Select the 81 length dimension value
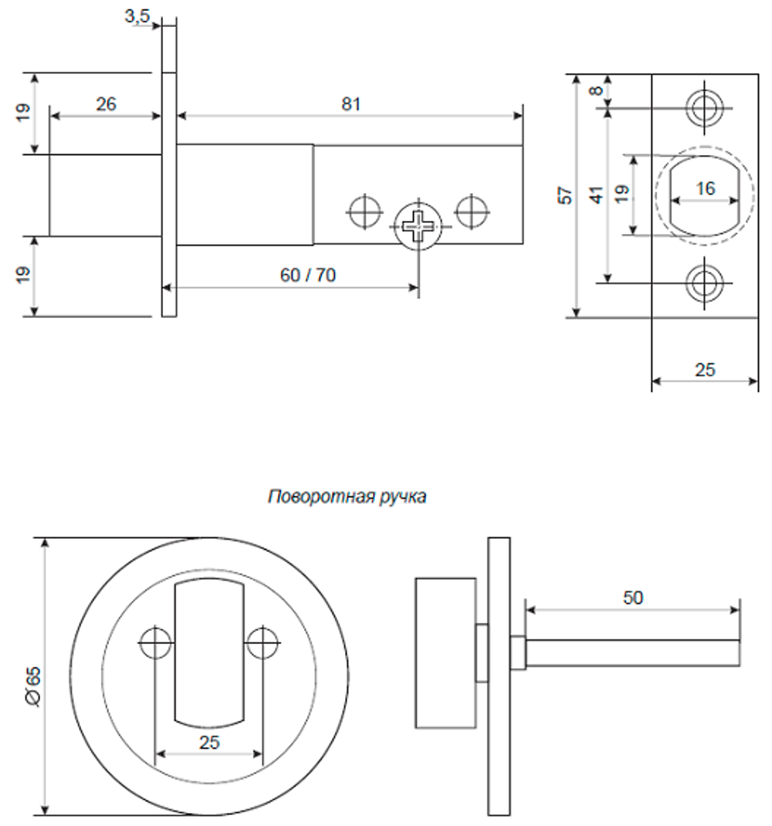point(350,103)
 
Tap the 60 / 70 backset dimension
point(307,276)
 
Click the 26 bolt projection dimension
point(107,103)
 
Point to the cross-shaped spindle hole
point(418,226)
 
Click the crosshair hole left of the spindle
point(364,211)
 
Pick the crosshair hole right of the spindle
point(471,211)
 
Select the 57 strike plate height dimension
point(566,195)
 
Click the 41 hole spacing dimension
point(597,195)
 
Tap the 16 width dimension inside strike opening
point(704,188)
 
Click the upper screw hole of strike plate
point(703,109)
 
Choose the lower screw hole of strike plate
point(703,283)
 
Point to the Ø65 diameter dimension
point(33,676)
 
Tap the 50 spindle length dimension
point(632,597)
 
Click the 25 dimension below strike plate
point(704,370)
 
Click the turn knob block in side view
point(444,653)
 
